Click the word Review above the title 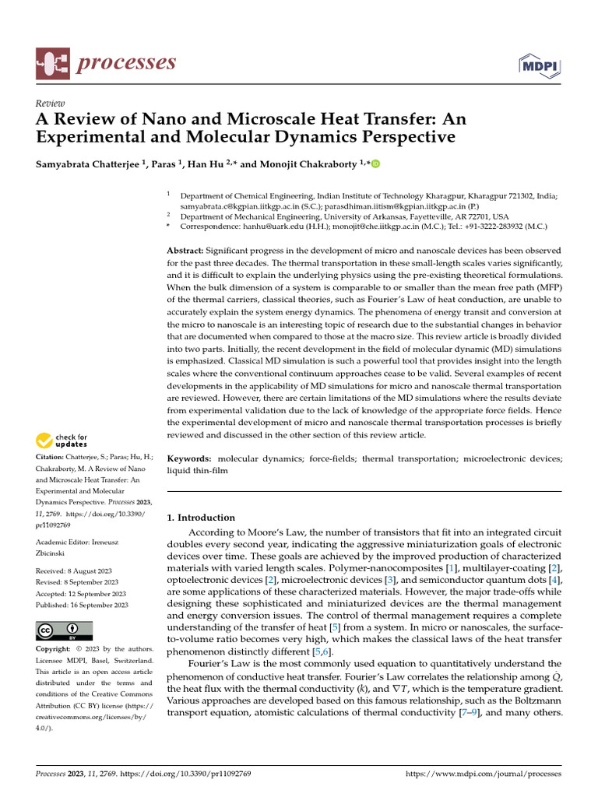click(51, 104)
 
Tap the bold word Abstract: click(185, 249)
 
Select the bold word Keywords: click(190, 459)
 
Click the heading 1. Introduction click(201, 518)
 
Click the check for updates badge click(62, 441)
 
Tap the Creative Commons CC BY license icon click(64, 631)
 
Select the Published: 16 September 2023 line click(82, 605)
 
